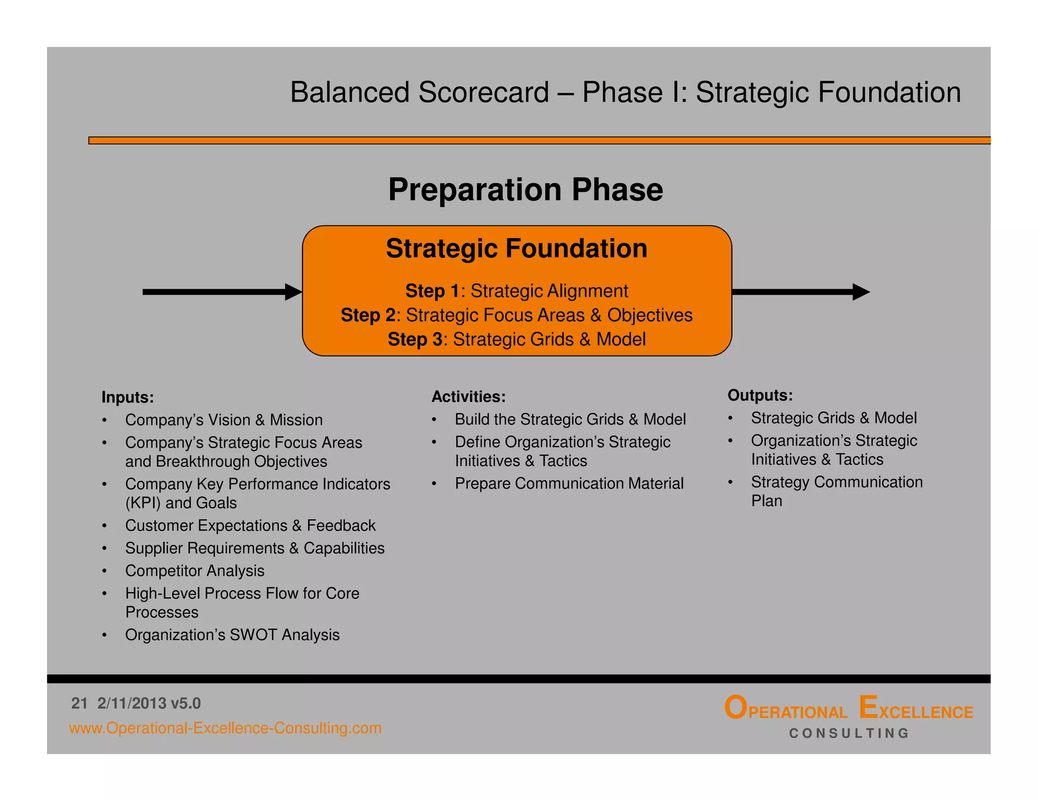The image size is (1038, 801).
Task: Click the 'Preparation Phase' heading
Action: pyautogui.click(x=525, y=190)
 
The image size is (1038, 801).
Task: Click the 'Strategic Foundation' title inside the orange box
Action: pyautogui.click(x=516, y=249)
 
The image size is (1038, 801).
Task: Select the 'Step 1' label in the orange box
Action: pyautogui.click(x=432, y=291)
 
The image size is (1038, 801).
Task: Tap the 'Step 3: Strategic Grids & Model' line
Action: pyautogui.click(x=516, y=339)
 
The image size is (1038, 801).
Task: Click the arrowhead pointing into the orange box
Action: pyautogui.click(x=293, y=292)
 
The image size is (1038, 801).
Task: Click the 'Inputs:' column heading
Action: pyautogui.click(x=127, y=397)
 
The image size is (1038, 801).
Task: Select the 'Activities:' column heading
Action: pyautogui.click(x=468, y=396)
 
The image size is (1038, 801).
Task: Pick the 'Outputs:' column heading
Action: pyautogui.click(x=760, y=395)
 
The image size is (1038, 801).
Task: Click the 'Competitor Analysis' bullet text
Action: pyautogui.click(x=195, y=571)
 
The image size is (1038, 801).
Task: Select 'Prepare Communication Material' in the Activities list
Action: pyautogui.click(x=569, y=484)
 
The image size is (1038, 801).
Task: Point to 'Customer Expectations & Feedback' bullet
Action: pyautogui.click(x=250, y=526)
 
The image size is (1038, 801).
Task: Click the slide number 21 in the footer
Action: pyautogui.click(x=79, y=703)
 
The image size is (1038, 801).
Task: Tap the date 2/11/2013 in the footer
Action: pyautogui.click(x=132, y=703)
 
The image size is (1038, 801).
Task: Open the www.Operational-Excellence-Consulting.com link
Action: pyautogui.click(x=225, y=728)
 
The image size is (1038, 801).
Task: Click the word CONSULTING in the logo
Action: pyautogui.click(x=849, y=733)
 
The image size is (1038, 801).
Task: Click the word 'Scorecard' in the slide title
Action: pyautogui.click(x=484, y=93)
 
